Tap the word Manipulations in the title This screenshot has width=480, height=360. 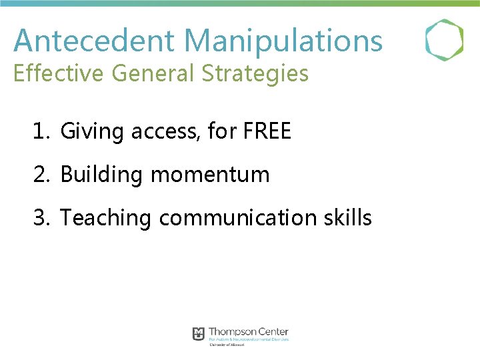[x=283, y=40]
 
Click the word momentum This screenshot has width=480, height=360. [x=210, y=175]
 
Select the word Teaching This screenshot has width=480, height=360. [x=106, y=218]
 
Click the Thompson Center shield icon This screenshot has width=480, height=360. [x=199, y=333]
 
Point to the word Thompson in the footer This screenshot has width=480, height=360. [x=234, y=331]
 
